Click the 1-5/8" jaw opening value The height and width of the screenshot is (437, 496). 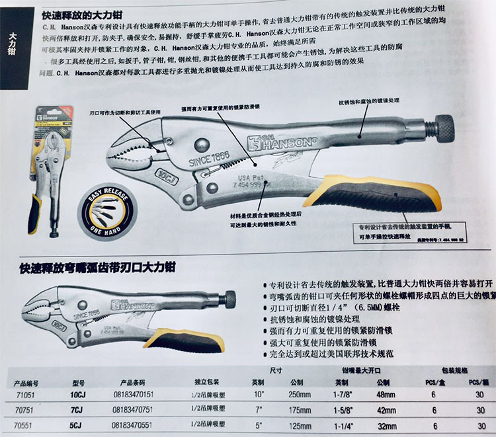pos(351,409)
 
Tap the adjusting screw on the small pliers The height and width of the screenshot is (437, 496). pos(231,299)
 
